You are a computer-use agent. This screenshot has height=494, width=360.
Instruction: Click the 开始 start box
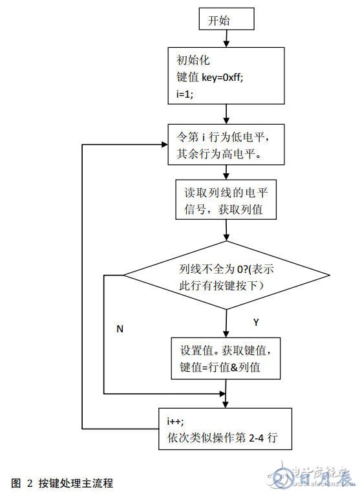[x=224, y=21]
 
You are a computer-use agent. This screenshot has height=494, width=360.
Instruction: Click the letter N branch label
[x=120, y=329]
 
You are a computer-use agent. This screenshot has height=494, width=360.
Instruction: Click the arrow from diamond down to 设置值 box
[x=226, y=321]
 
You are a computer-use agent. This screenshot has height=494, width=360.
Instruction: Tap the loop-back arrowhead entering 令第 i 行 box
[x=162, y=144]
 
